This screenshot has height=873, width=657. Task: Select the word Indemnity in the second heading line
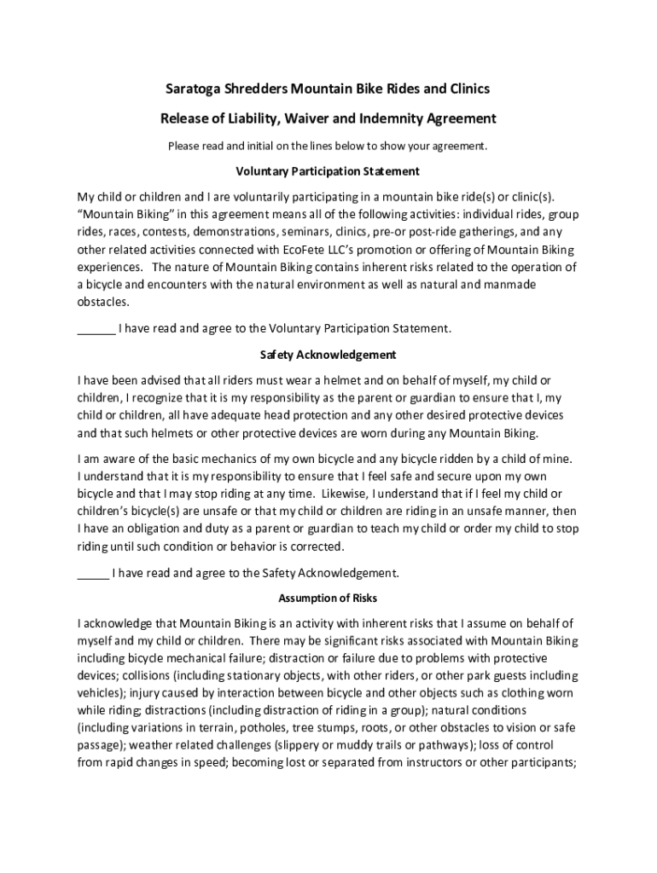395,118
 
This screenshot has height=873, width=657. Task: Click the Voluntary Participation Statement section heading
328,171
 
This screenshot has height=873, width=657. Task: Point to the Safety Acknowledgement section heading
328,354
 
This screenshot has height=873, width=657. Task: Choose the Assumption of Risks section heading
328,598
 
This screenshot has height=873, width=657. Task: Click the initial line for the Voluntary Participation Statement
96,328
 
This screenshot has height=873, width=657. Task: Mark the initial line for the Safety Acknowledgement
92,573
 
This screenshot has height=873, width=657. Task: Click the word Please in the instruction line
183,146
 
